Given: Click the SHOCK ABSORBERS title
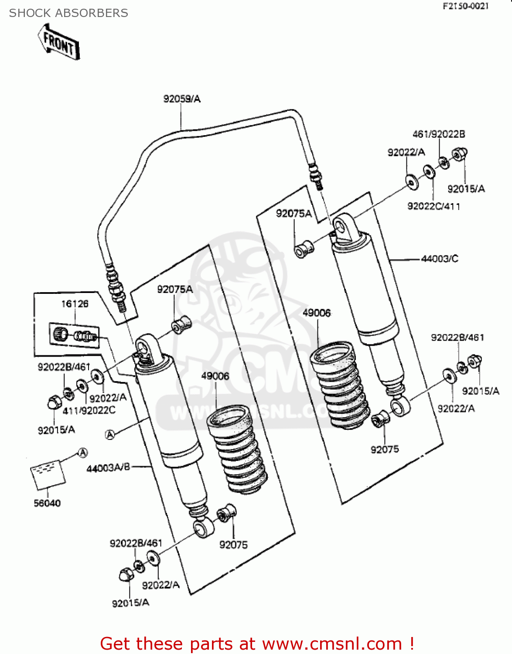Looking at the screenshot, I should click(68, 13).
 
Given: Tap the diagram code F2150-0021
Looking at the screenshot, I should click(465, 6).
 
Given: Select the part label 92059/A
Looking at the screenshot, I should click(182, 99).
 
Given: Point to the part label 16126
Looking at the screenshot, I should click(75, 304).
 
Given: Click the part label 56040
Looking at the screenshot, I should click(47, 503).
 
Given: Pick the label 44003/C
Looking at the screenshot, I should click(440, 259).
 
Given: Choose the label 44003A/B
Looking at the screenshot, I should click(108, 468).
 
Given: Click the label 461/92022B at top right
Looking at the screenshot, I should click(438, 134).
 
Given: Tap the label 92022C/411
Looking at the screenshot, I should click(433, 206).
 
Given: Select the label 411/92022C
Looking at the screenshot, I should click(89, 410).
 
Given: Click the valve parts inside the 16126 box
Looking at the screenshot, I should click(74, 335).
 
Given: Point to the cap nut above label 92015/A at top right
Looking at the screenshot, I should click(459, 154).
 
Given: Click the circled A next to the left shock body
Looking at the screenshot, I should click(110, 434).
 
